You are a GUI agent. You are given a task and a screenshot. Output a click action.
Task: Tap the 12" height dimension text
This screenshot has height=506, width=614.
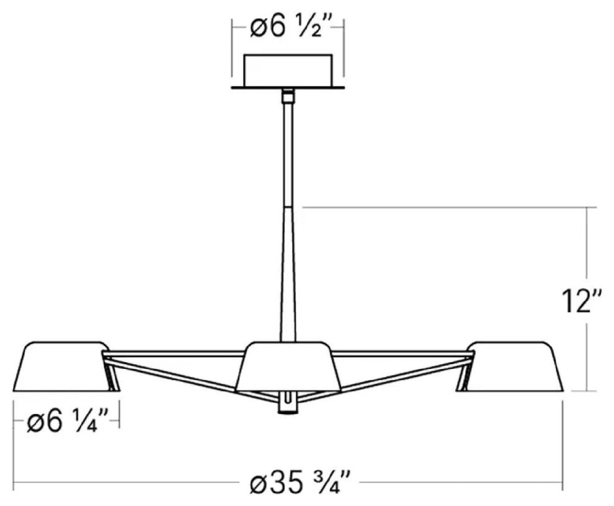pyautogui.click(x=579, y=302)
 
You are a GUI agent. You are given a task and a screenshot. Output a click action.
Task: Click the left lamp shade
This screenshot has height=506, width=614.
pyautogui.click(x=63, y=366)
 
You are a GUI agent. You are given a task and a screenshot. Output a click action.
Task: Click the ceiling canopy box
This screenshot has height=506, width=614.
pyautogui.click(x=288, y=71)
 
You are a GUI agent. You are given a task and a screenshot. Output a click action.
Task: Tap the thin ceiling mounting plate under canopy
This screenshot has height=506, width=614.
pyautogui.click(x=288, y=87)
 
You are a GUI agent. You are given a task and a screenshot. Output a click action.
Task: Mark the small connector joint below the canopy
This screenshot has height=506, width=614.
pyautogui.click(x=288, y=96)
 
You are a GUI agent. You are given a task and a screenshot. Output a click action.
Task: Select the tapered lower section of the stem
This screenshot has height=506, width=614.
pyautogui.click(x=288, y=273)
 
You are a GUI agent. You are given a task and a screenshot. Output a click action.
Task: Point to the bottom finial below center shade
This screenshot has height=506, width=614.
pyautogui.click(x=288, y=404)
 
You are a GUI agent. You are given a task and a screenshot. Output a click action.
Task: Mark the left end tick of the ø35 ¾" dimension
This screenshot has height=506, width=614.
pyautogui.click(x=14, y=481)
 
